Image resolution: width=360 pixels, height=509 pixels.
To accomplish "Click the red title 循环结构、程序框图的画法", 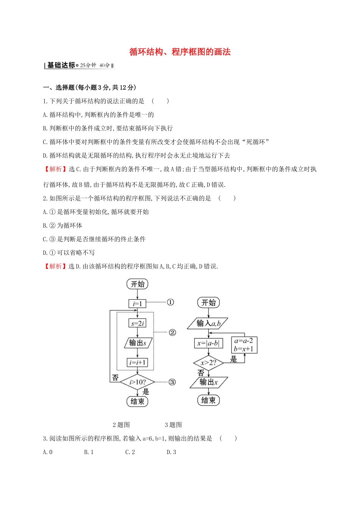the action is pyautogui.click(x=180, y=52).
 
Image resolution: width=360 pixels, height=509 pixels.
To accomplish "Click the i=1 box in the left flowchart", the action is pyautogui.click(x=137, y=303).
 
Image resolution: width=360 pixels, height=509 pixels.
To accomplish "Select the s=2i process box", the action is pyautogui.click(x=137, y=323).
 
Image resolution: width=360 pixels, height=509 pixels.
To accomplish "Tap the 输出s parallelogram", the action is pyautogui.click(x=138, y=343).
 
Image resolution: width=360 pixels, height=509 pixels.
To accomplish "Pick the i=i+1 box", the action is pyautogui.click(x=137, y=362).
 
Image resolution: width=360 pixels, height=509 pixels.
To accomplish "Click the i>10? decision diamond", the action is pyautogui.click(x=138, y=382).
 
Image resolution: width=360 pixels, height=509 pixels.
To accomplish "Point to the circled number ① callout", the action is pyautogui.click(x=171, y=302).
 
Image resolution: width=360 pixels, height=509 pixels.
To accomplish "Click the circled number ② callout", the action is pyautogui.click(x=172, y=333).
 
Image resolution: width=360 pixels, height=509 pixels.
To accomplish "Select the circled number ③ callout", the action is pyautogui.click(x=172, y=382).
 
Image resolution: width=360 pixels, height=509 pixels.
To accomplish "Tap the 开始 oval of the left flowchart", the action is pyautogui.click(x=138, y=284).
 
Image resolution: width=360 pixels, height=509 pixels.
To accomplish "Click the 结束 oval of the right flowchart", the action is pyautogui.click(x=208, y=400).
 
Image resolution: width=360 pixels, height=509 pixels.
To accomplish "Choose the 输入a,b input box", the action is pyautogui.click(x=208, y=323).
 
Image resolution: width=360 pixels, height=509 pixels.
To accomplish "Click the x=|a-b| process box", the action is pyautogui.click(x=208, y=343).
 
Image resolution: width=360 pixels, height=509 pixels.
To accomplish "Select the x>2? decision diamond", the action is pyautogui.click(x=208, y=363).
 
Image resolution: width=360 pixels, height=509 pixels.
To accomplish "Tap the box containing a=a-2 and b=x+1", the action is pyautogui.click(x=244, y=345).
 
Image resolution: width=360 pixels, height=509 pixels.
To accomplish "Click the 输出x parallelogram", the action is pyautogui.click(x=209, y=382).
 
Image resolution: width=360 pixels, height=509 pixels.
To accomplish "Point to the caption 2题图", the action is pyautogui.click(x=121, y=425).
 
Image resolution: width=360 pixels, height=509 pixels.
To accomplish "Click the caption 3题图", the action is pyautogui.click(x=173, y=425).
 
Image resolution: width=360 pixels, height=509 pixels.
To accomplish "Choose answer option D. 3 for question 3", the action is pyautogui.click(x=171, y=452).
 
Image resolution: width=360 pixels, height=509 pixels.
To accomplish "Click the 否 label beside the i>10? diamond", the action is pyautogui.click(x=115, y=378).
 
